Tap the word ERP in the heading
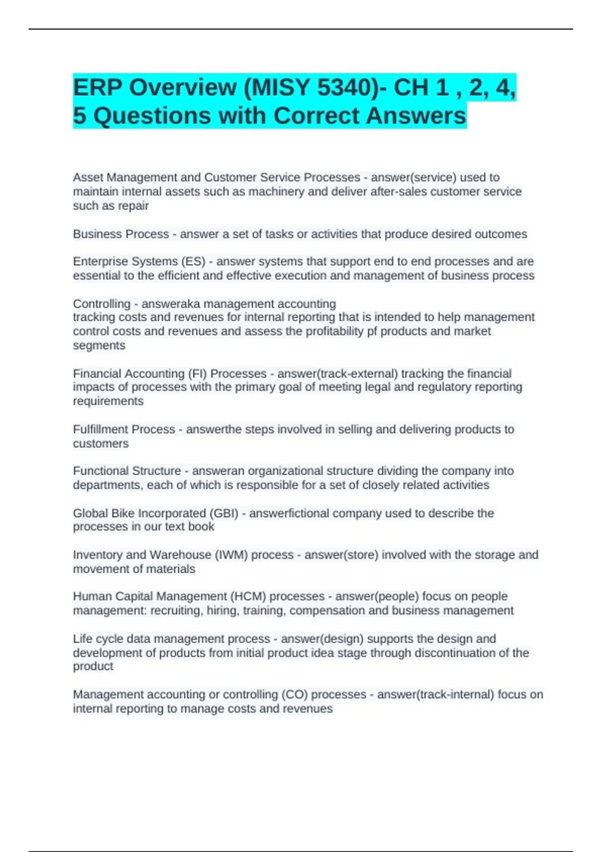coord(98,88)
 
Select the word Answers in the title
coord(416,116)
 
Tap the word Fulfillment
coord(99,430)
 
